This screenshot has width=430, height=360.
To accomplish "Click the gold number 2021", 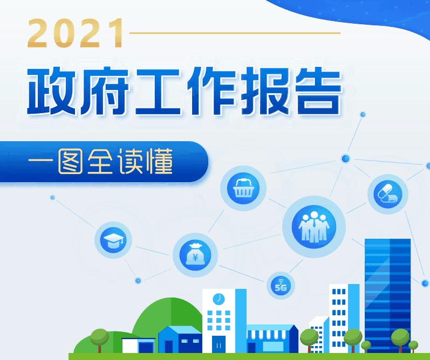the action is click(76, 33).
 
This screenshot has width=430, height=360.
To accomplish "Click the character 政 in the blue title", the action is click(52, 91).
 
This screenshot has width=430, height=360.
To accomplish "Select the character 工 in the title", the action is click(158, 92).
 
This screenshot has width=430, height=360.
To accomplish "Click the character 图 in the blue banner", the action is click(71, 162).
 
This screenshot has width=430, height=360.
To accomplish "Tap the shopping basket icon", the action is click(243, 188).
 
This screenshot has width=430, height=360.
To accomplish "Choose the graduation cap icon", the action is click(113, 240).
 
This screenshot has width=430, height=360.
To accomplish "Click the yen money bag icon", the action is click(195, 255).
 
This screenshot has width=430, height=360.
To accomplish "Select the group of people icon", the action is click(314, 227).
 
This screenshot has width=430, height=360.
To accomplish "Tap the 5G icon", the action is click(281, 286).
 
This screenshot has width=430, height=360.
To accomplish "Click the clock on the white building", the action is click(219, 299).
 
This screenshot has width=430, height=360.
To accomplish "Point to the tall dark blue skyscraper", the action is click(387, 295).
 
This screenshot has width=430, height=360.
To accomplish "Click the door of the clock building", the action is click(219, 344).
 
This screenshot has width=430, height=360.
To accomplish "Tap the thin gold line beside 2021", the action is click(235, 33).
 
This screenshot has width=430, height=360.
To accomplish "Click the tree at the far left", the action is click(99, 340).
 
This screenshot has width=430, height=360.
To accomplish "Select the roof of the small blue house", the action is click(180, 330).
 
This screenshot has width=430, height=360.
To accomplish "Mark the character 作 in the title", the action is click(211, 91).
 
